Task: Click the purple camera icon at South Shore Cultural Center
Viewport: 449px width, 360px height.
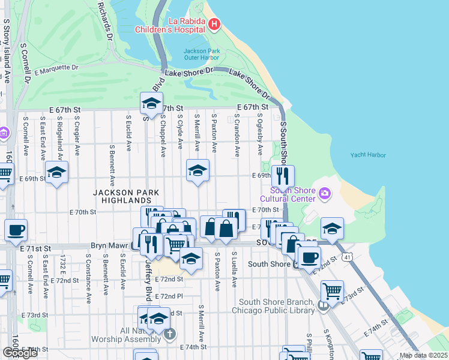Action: coord(325,193)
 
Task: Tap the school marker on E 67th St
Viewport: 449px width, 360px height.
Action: coord(151,104)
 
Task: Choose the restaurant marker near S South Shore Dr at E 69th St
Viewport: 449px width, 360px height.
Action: coord(283,176)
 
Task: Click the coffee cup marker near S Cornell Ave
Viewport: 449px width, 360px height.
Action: coord(16,230)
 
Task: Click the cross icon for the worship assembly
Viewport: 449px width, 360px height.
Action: coord(170,334)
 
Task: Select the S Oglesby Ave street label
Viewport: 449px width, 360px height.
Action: coord(260,135)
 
